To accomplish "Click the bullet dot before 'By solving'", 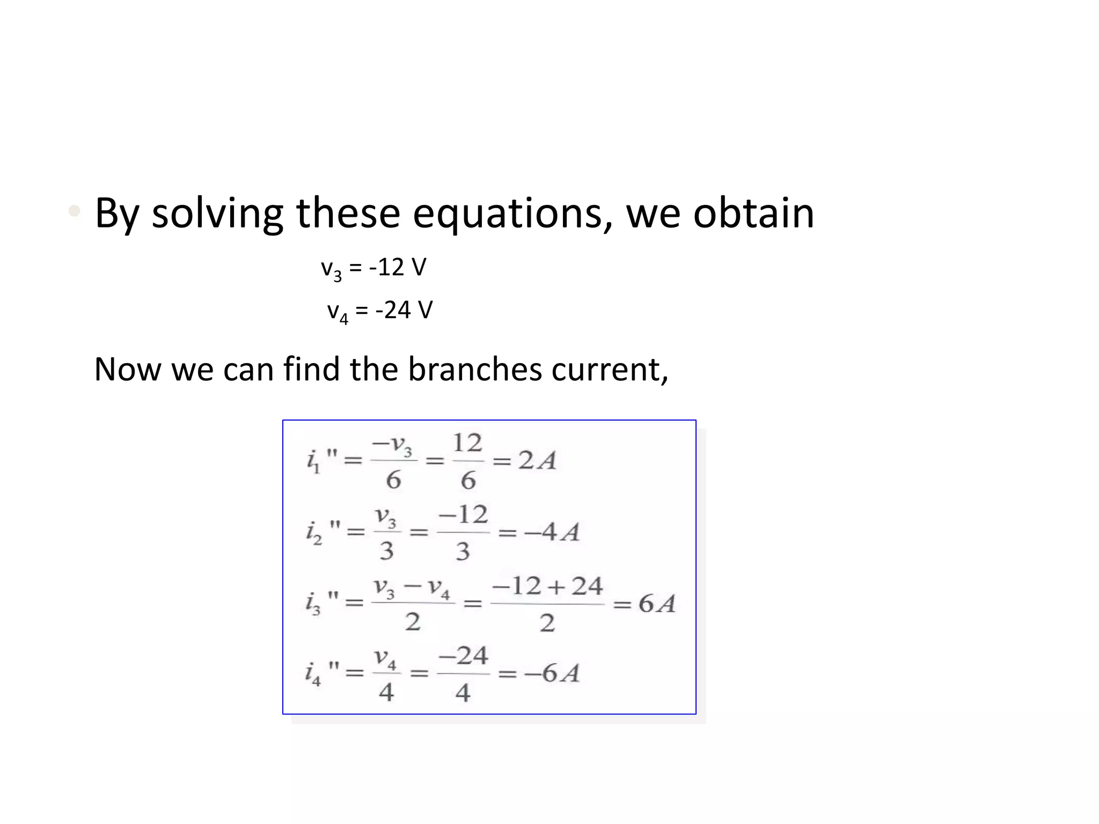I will (x=75, y=211).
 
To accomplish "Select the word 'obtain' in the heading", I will (x=753, y=213).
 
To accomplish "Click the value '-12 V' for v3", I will (x=398, y=267).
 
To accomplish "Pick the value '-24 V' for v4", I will (x=404, y=310).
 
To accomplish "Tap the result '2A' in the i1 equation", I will (x=537, y=461).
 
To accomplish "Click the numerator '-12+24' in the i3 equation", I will (x=547, y=586).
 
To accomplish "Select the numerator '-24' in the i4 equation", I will (x=463, y=656).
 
